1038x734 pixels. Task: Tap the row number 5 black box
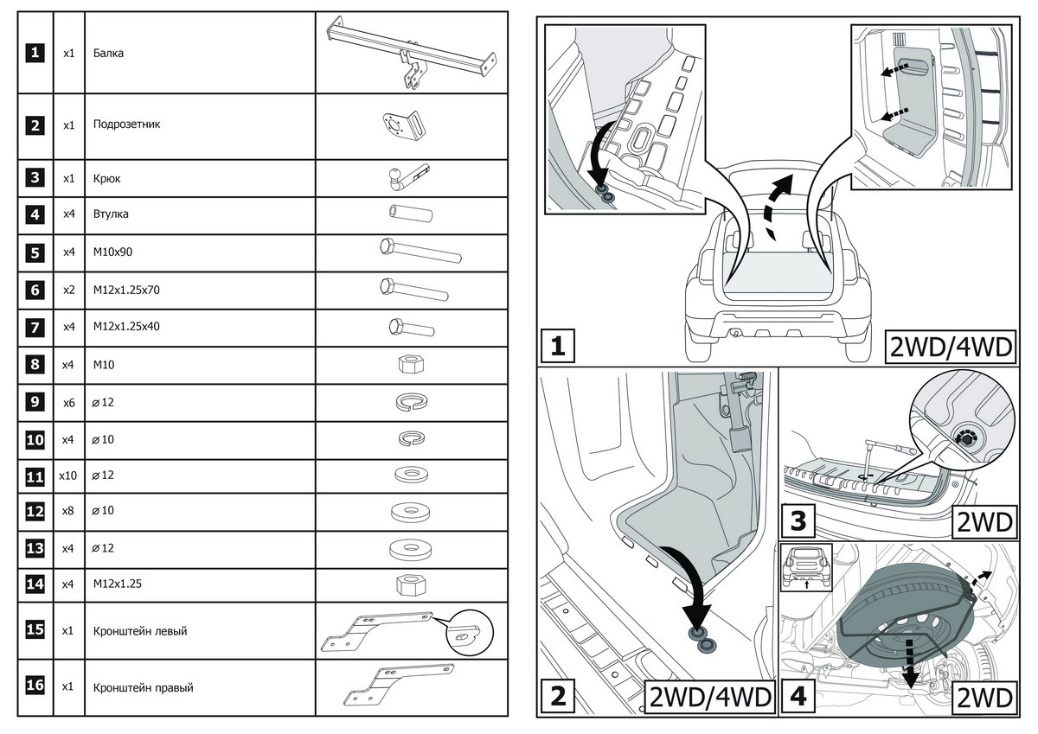pyautogui.click(x=35, y=252)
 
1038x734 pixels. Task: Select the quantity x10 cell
pyautogui.click(x=68, y=476)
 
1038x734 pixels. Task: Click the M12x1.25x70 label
pyautogui.click(x=126, y=290)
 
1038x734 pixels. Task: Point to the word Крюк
pyautogui.click(x=106, y=179)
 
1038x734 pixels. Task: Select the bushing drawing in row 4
pyautogui.click(x=409, y=213)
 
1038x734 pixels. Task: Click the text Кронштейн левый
pyautogui.click(x=139, y=631)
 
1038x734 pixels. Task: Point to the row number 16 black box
pyautogui.click(x=35, y=686)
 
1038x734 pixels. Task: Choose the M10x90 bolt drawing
pyautogui.click(x=420, y=252)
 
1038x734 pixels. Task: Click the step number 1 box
pyautogui.click(x=558, y=346)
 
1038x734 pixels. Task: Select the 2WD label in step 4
pyautogui.click(x=984, y=697)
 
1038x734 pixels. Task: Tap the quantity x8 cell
pyautogui.click(x=68, y=511)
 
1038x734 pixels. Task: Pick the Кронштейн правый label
pyautogui.click(x=143, y=688)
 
